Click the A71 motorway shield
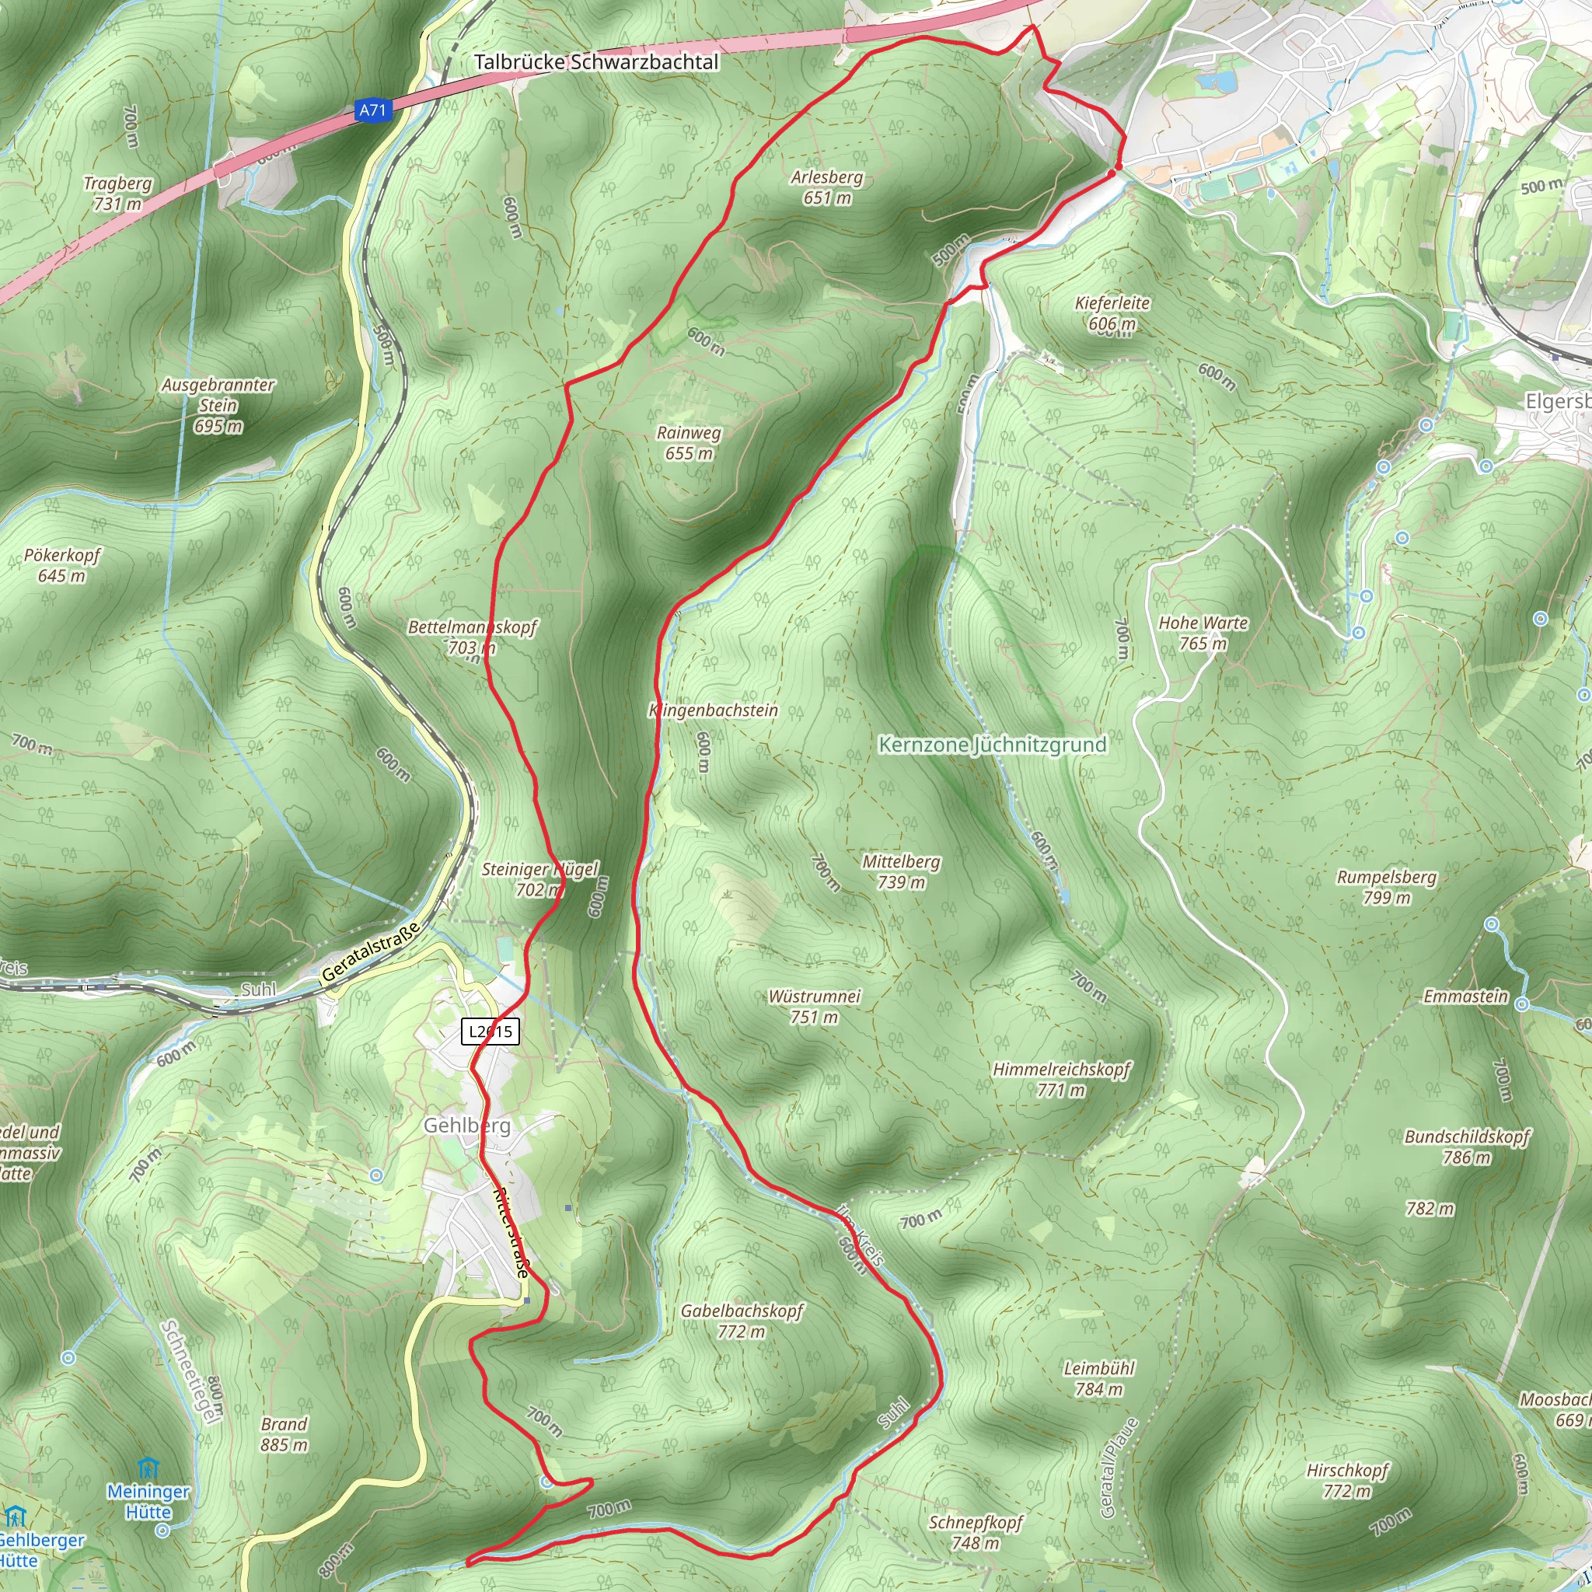tap(372, 110)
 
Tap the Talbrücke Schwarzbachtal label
tap(596, 63)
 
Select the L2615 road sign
tap(491, 1031)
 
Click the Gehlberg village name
tap(467, 1126)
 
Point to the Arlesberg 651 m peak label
tap(827, 187)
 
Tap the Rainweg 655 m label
tap(689, 442)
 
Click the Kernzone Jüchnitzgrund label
tap(992, 745)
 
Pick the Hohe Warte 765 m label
tap(1203, 633)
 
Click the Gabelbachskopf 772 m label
tap(742, 1321)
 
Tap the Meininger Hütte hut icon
tap(148, 1468)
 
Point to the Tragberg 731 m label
tap(118, 193)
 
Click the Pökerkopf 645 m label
tap(62, 565)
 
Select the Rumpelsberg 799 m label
tap(1387, 887)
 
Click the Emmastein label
tap(1466, 997)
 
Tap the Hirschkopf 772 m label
tap(1347, 1480)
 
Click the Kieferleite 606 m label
tap(1112, 313)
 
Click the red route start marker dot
tap(1116, 169)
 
